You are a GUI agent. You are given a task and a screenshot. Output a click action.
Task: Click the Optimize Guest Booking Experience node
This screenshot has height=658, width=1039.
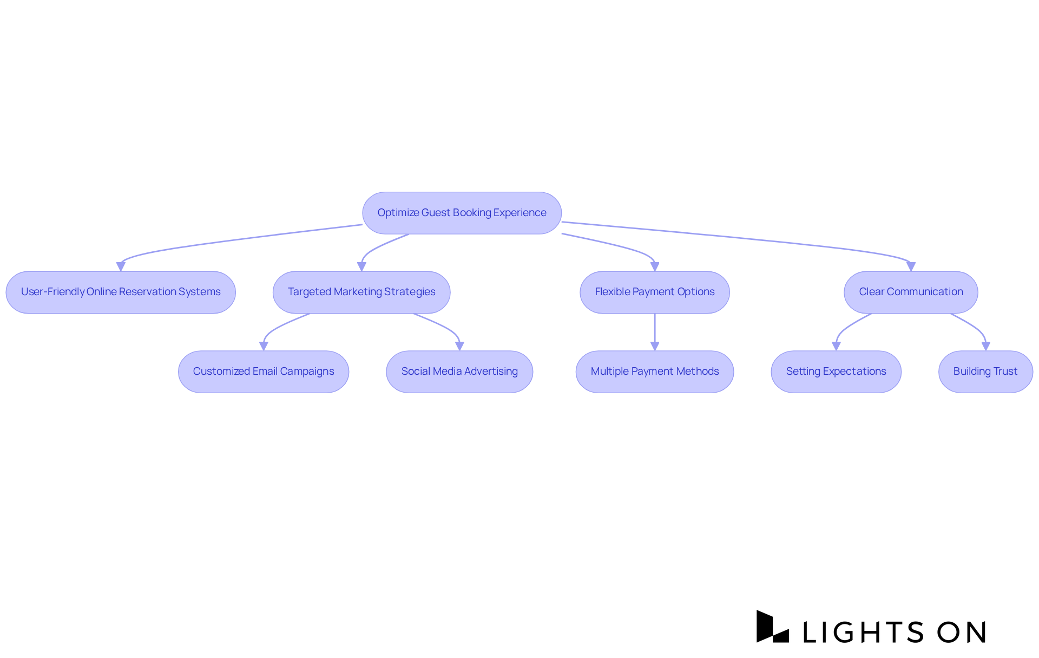(x=462, y=213)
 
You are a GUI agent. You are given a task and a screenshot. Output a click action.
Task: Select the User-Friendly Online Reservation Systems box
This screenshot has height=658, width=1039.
(x=121, y=292)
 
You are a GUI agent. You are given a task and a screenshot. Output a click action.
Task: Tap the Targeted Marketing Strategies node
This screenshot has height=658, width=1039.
(x=361, y=292)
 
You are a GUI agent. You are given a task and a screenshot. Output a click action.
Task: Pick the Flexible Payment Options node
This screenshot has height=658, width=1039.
(x=655, y=292)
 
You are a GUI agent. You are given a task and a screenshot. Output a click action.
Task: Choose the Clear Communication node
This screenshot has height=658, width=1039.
(x=911, y=292)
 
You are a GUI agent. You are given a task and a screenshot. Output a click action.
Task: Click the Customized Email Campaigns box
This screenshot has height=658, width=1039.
(x=264, y=372)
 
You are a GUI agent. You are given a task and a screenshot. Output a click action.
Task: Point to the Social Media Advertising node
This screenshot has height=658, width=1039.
(x=459, y=372)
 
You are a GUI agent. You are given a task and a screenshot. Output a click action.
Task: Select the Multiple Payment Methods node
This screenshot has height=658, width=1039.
(x=655, y=372)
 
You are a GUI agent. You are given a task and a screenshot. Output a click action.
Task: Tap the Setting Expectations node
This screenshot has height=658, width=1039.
(x=836, y=372)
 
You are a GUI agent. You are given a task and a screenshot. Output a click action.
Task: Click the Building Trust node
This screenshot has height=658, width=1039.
(x=985, y=372)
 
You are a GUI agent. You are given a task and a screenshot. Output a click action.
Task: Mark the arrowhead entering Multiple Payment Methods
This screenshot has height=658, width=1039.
(x=655, y=346)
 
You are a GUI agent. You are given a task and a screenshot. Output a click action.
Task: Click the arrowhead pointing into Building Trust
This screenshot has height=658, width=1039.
(x=986, y=346)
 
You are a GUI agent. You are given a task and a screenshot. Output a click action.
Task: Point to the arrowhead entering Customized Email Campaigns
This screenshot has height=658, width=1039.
(x=264, y=346)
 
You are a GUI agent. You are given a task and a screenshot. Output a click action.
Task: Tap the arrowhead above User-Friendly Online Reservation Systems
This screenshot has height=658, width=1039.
(x=121, y=266)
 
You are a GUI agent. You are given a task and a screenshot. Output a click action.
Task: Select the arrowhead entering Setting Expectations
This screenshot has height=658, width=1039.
(x=836, y=346)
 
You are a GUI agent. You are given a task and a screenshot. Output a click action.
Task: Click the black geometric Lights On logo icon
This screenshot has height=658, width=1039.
(x=772, y=627)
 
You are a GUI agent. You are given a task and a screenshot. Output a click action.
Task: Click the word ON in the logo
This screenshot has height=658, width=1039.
(x=962, y=632)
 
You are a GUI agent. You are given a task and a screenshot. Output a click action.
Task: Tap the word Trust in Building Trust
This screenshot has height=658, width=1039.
(x=1005, y=372)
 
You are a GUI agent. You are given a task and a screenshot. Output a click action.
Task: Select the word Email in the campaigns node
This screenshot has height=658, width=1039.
(x=265, y=372)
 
